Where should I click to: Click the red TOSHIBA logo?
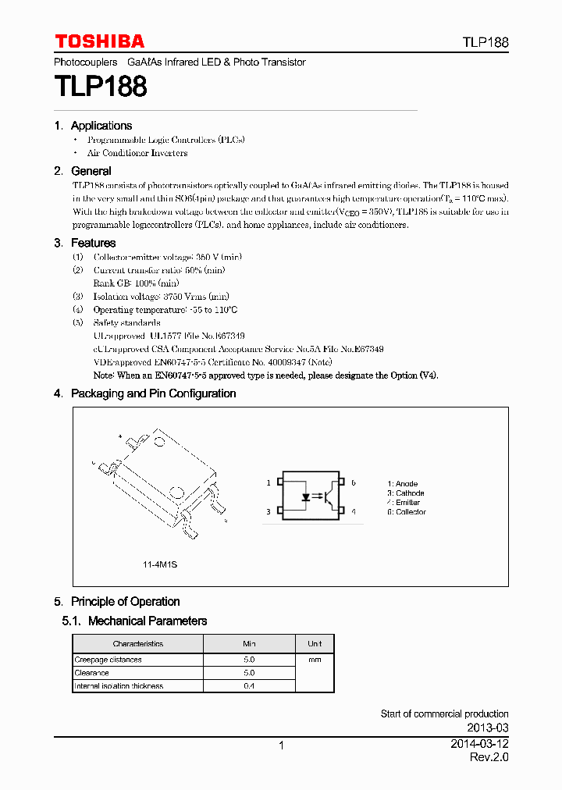click(x=99, y=41)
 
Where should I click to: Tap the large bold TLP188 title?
click(x=101, y=87)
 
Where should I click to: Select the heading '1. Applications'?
click(x=93, y=126)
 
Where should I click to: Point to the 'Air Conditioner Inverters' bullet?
click(x=137, y=153)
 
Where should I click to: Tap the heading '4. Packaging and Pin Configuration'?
click(x=145, y=393)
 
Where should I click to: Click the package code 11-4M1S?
click(x=160, y=564)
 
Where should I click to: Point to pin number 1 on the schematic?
click(x=269, y=483)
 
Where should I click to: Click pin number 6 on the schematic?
click(x=353, y=483)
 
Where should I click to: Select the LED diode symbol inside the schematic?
click(x=300, y=496)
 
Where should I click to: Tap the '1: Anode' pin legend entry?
click(x=403, y=484)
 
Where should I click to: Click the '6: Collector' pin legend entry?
click(x=407, y=512)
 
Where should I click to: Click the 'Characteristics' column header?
click(x=138, y=644)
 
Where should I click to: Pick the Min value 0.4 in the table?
click(x=249, y=686)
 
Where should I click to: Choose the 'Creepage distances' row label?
click(x=108, y=660)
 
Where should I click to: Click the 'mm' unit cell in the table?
click(x=315, y=660)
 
